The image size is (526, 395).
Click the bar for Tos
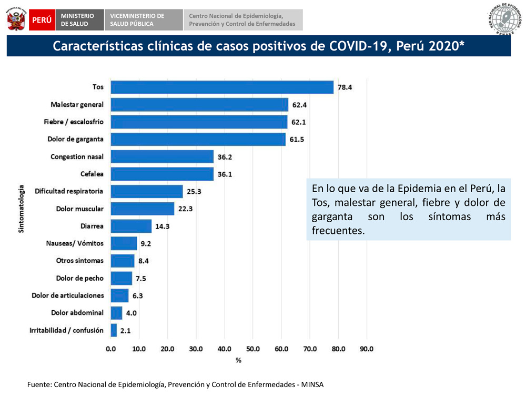(x=222, y=87)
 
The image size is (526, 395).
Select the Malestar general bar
(x=199, y=104)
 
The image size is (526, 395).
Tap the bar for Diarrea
(x=131, y=226)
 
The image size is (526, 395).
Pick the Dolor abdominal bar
(x=116, y=313)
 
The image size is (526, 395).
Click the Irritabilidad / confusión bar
(x=114, y=330)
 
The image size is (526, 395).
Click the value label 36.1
(x=225, y=174)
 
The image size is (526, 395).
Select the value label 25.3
(x=194, y=192)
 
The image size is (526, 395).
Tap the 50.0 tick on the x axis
(x=253, y=349)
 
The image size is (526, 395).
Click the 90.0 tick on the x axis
(x=367, y=349)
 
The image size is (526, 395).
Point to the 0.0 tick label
(x=111, y=349)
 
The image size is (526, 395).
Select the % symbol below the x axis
(x=238, y=360)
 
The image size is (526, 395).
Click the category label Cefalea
(x=92, y=174)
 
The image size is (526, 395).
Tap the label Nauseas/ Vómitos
(x=75, y=243)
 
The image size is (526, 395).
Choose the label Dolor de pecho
(x=80, y=278)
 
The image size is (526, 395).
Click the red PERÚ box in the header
(x=42, y=19)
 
